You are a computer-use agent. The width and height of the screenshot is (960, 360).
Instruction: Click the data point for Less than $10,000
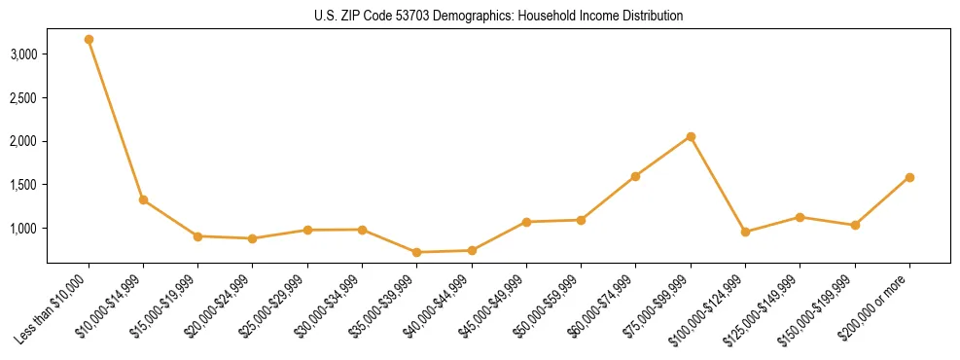coord(89,40)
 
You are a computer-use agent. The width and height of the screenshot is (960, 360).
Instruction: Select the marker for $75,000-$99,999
coord(691,136)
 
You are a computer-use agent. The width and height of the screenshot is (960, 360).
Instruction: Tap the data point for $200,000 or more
coord(909,177)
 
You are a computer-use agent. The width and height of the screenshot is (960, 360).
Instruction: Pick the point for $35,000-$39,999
coord(416,252)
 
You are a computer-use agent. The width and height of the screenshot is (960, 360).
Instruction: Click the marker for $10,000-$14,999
coord(143,199)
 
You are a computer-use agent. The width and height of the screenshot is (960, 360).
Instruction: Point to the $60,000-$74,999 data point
coord(635,176)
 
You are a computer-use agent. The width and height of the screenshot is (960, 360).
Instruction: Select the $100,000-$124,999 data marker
coord(745,232)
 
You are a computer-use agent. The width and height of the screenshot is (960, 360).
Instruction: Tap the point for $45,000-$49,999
coord(526,222)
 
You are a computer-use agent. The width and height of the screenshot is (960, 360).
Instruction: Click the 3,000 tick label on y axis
coord(23,54)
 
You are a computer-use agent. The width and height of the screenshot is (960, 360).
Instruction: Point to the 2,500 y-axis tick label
coord(23,98)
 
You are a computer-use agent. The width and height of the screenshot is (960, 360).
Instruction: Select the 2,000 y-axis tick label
coord(23,141)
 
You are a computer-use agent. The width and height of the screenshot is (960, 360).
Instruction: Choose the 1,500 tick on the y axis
coord(23,185)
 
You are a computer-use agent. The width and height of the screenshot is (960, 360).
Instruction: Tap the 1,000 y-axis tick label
coord(23,229)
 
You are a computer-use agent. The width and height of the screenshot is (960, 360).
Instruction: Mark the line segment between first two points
coord(116,120)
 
